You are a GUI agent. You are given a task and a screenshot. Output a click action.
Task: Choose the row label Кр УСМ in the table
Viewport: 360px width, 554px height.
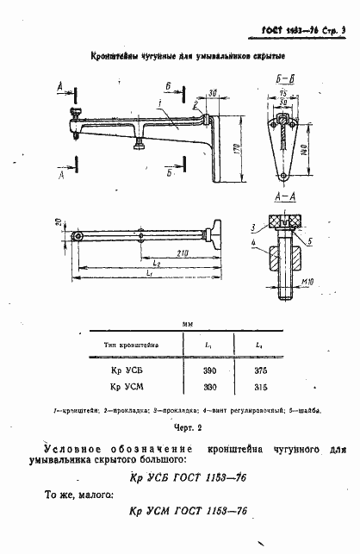coord(127,387)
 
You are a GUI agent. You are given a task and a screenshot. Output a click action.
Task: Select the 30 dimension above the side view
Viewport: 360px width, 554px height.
coord(211,84)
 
